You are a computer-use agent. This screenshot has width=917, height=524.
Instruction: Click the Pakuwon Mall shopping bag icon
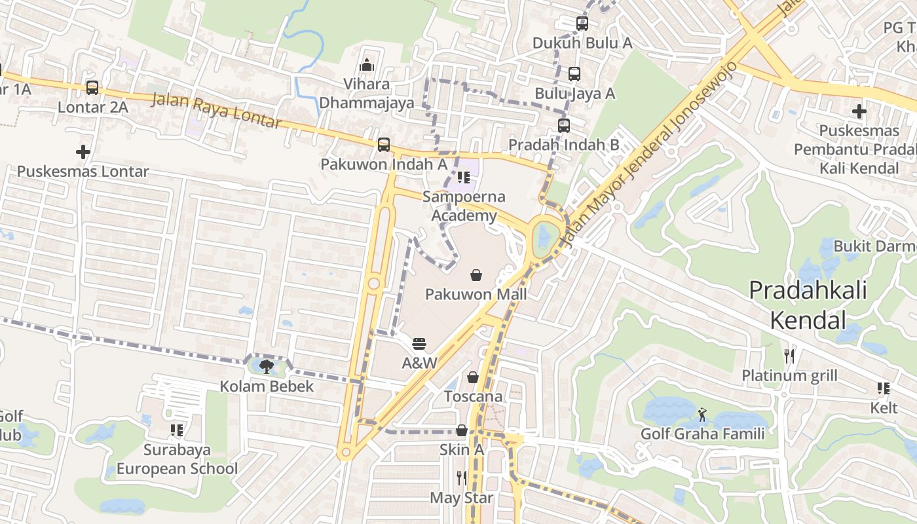(476, 275)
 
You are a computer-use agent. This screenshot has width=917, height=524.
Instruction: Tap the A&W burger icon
(419, 344)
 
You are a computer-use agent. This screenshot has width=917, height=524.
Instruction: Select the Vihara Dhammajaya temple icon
(367, 65)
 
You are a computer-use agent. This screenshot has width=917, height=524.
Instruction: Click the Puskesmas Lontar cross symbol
(83, 152)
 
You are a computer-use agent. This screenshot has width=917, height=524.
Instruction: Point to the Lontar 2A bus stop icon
(92, 87)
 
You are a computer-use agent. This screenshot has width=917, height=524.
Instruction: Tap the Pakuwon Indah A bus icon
(384, 144)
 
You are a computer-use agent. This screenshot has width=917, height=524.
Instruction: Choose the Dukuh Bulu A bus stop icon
(582, 24)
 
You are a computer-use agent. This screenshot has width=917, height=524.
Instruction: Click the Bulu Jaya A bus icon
(574, 74)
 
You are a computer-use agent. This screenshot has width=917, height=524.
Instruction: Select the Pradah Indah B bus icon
(564, 125)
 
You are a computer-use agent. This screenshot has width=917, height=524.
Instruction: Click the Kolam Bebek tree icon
(267, 366)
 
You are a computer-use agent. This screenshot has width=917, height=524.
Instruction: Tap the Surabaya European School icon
(177, 430)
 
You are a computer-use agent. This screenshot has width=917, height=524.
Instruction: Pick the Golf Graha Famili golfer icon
(702, 414)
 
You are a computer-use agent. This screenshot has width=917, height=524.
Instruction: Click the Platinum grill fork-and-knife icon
(789, 356)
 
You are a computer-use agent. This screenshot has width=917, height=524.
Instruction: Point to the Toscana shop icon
(473, 377)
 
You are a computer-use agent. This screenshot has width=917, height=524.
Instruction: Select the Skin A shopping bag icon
(462, 430)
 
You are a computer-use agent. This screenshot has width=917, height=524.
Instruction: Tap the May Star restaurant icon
(462, 478)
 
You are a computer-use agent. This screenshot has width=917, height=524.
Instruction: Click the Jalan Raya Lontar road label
(217, 111)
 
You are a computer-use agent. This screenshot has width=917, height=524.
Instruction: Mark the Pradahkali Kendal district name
(808, 305)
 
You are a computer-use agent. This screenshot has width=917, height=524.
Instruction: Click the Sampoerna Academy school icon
(464, 177)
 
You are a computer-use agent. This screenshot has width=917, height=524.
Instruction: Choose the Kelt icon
(884, 388)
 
